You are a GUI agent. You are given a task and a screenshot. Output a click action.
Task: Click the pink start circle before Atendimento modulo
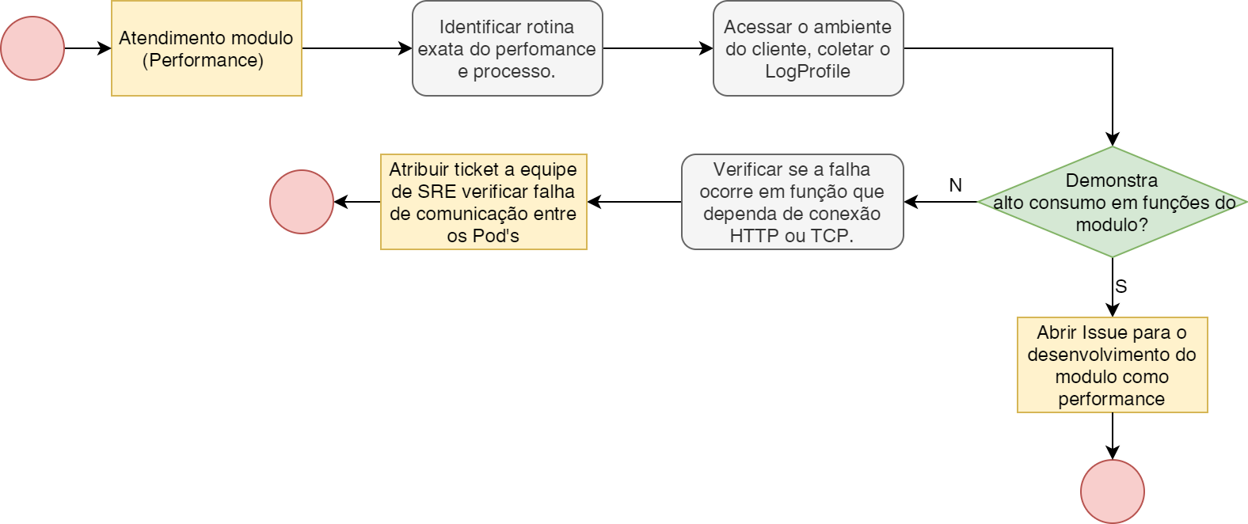coord(32,48)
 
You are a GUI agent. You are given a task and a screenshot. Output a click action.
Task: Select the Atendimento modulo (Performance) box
coord(207,48)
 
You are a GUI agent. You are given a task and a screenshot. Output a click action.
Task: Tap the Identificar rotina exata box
coord(507,48)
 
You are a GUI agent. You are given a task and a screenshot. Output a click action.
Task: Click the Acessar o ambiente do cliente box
coord(808,48)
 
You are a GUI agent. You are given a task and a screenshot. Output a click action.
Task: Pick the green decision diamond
coord(1112,202)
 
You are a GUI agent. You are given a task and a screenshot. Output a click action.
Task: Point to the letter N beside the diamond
coord(955,185)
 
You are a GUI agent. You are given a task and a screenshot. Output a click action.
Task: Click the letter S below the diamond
coord(1121,287)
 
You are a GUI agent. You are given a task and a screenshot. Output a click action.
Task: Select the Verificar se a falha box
coord(792,202)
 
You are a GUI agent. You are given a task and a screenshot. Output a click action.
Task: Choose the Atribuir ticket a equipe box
coord(483,202)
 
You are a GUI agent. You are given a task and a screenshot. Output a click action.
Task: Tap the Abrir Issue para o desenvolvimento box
coord(1112,365)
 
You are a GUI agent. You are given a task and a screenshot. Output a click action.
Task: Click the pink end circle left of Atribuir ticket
coord(302,202)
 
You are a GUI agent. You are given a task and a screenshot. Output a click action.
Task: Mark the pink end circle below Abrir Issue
coord(1112,492)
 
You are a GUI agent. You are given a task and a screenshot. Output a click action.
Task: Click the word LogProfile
coord(808,71)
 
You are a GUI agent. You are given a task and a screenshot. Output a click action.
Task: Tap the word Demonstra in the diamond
coord(1111,180)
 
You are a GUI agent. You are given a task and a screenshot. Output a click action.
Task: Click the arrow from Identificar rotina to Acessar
coord(657,48)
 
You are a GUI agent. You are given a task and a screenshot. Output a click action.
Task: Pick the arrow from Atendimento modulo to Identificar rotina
coord(356,48)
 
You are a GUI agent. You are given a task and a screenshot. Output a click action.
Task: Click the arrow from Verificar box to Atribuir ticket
coord(634,202)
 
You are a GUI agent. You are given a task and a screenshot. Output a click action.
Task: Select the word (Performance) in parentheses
coord(203,60)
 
